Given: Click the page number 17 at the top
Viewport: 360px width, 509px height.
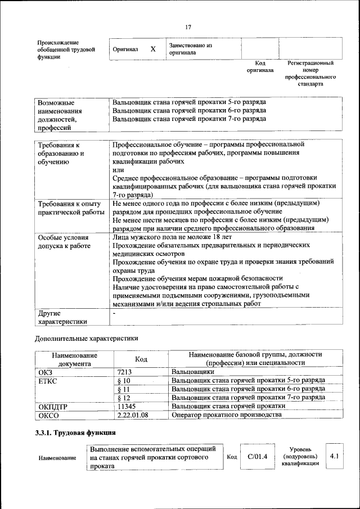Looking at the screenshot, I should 188,26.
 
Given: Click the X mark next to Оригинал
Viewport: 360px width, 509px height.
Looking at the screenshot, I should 152,49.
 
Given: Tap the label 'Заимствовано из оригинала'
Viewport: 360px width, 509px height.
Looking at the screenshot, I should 190,49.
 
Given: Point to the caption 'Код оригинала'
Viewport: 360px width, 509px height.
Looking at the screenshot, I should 259,67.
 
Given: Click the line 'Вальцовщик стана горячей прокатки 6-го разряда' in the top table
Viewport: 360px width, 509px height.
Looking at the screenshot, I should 189,111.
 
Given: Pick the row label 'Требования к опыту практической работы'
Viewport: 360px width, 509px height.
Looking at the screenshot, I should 70,208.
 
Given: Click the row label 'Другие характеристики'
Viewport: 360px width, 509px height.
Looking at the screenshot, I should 62,317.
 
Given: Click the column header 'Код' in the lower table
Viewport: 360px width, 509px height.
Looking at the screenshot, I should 141,359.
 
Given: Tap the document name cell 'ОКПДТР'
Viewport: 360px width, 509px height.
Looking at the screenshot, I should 53,406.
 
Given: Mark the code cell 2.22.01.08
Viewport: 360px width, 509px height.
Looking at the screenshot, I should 132,415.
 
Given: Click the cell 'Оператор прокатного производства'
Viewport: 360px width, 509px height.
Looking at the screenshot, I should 226,415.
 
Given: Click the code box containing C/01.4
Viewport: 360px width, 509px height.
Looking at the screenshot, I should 257,457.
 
